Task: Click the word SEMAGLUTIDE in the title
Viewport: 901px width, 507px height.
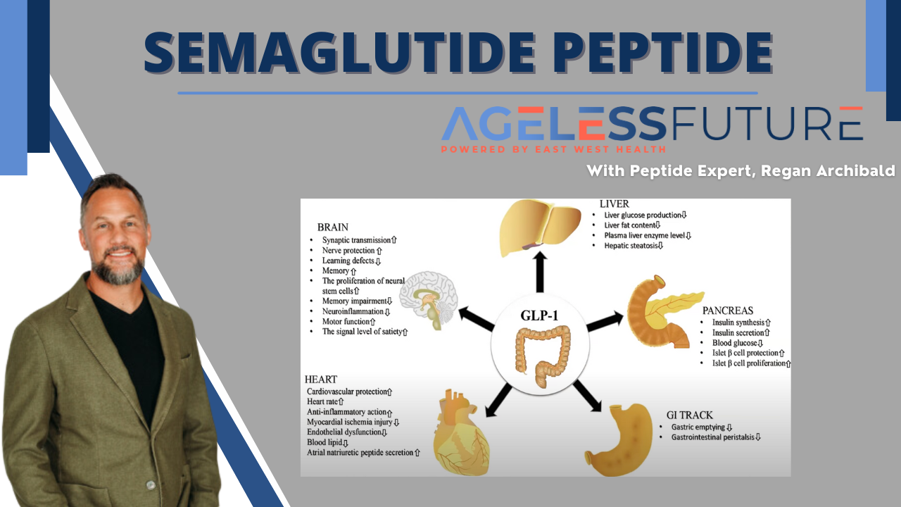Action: [x=339, y=53]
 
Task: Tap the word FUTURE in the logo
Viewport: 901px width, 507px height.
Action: [x=767, y=123]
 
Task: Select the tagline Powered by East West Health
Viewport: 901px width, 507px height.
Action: [x=553, y=149]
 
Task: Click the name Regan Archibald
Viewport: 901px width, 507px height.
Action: [x=828, y=170]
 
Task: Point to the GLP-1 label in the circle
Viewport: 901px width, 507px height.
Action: [x=539, y=315]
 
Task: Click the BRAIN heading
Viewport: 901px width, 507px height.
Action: [x=333, y=227]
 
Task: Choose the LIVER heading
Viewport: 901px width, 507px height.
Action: [x=615, y=204]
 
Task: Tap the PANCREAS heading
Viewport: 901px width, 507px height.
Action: [x=728, y=311]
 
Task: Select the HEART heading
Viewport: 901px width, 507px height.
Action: [x=320, y=380]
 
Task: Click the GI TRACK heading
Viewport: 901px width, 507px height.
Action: [x=689, y=415]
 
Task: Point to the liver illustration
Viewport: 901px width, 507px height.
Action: [x=540, y=227]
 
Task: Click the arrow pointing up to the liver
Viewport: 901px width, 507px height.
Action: [x=540, y=272]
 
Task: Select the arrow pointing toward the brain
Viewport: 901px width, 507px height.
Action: [x=477, y=319]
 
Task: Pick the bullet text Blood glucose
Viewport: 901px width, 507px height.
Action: [x=734, y=343]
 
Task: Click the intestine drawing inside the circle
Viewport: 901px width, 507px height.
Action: [x=543, y=357]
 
